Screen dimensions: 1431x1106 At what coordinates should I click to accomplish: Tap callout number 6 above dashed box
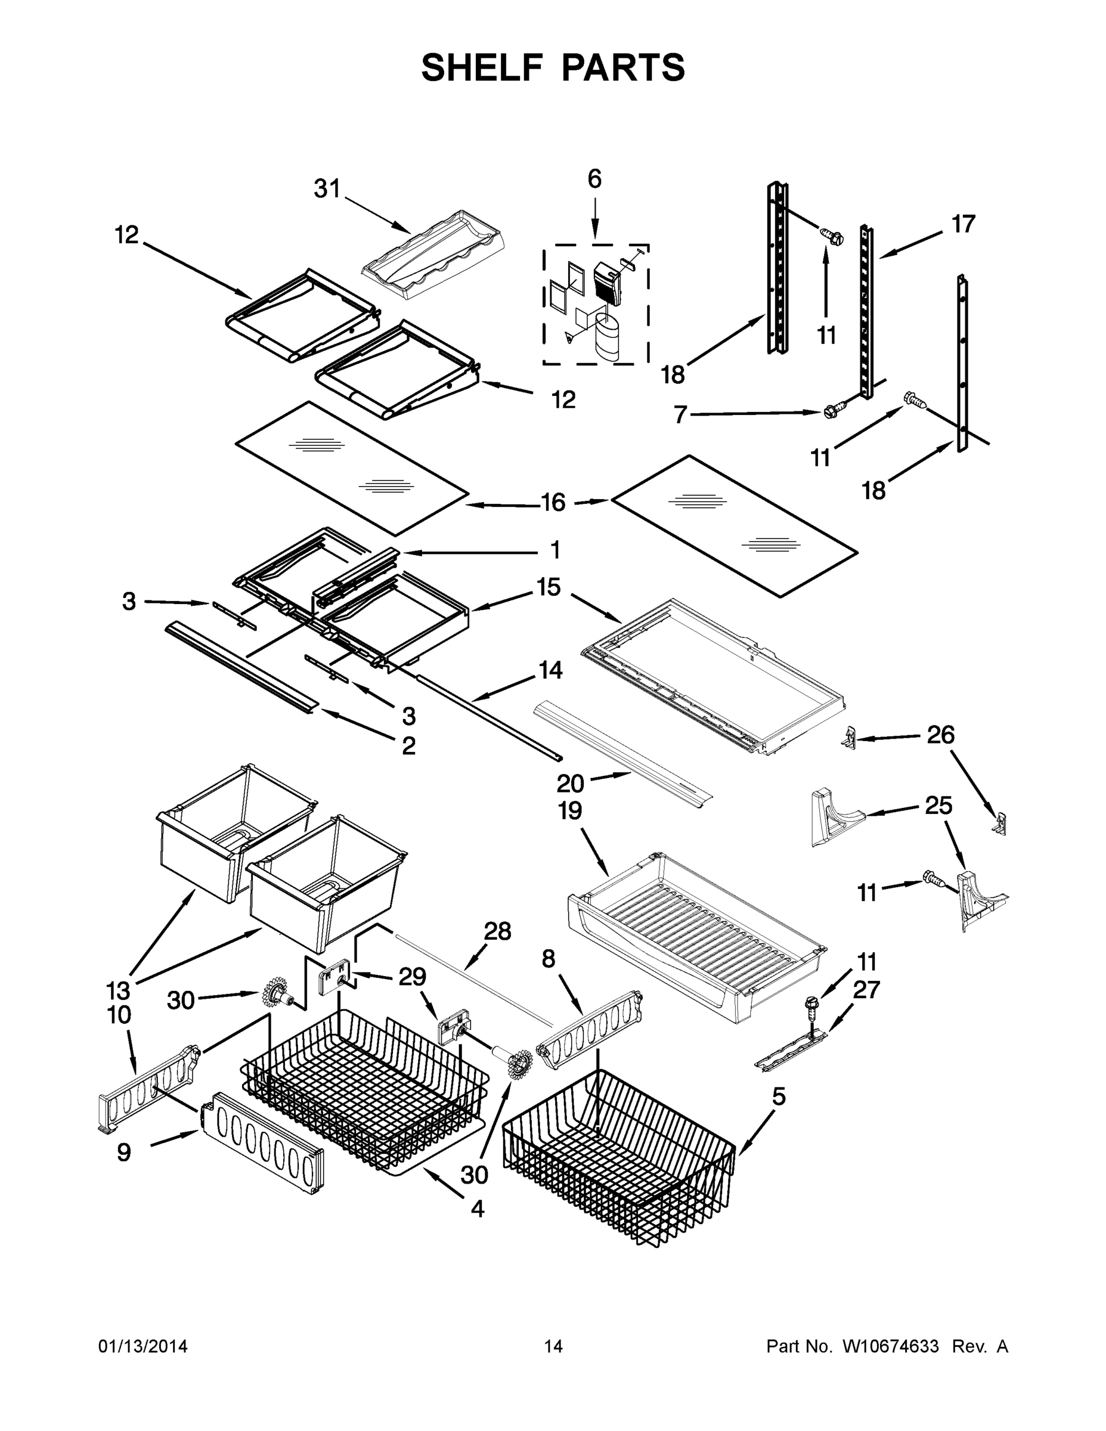[x=594, y=179]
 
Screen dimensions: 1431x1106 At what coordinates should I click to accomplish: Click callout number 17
[x=963, y=224]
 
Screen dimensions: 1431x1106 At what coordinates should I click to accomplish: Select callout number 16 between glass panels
[x=553, y=503]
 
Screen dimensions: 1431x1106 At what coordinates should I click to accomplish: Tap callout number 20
[x=570, y=783]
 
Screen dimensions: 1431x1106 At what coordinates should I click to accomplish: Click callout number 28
[x=497, y=931]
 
